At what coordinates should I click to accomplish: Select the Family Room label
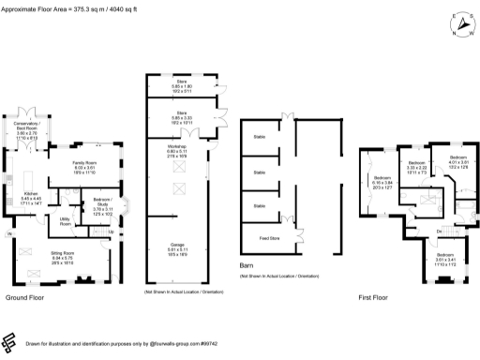tap(86, 167)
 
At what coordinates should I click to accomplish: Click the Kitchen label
tap(31, 197)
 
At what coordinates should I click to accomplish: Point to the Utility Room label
tap(66, 222)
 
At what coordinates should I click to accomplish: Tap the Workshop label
tap(177, 151)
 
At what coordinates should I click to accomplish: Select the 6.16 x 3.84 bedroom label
tap(383, 181)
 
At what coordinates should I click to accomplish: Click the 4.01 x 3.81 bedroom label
tap(457, 160)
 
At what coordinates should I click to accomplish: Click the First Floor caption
tap(374, 298)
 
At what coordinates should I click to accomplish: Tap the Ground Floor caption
tap(25, 298)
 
